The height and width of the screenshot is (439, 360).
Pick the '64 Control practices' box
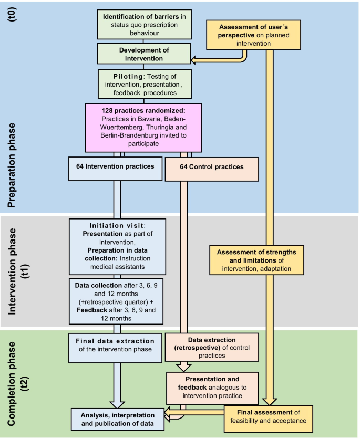[x=212, y=167]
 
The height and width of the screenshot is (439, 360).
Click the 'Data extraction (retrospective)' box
[x=212, y=347]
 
